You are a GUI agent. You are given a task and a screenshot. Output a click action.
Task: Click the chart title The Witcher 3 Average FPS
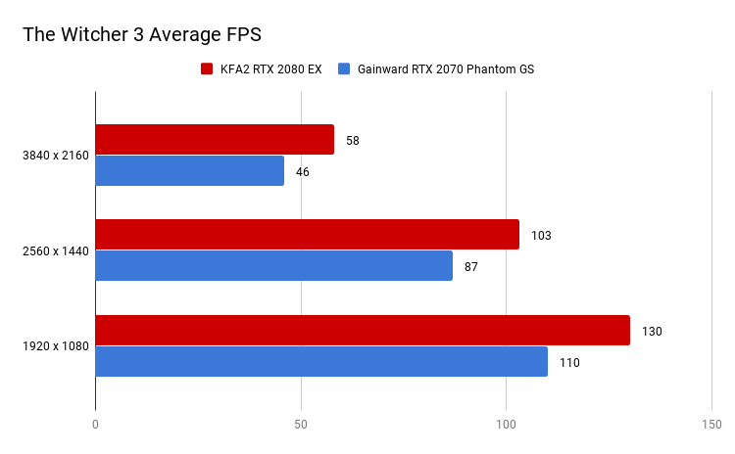click(142, 34)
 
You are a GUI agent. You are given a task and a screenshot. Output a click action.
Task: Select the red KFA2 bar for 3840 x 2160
click(215, 140)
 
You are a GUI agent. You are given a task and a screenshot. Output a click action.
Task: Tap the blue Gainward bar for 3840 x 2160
click(189, 170)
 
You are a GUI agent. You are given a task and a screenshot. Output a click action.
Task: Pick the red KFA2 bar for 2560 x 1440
click(307, 235)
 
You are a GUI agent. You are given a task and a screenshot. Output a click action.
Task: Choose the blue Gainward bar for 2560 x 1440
click(273, 265)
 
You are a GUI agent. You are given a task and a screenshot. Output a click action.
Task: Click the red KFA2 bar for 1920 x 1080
click(363, 331)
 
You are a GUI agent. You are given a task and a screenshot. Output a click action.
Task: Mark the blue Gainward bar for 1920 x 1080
click(321, 361)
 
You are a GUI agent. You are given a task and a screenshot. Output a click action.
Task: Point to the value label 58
click(353, 140)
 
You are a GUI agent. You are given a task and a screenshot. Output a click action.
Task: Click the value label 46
click(303, 171)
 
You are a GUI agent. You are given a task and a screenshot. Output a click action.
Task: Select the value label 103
click(541, 236)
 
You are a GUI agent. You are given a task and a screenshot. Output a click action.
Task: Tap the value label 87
click(471, 266)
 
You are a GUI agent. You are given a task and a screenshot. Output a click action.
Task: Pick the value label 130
click(652, 332)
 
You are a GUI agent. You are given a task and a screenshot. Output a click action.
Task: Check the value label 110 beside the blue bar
click(569, 363)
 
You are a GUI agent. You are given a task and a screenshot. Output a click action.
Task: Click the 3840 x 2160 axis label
click(54, 156)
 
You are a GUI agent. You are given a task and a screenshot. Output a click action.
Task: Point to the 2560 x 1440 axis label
click(54, 251)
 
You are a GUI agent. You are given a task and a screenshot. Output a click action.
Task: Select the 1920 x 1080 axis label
click(54, 347)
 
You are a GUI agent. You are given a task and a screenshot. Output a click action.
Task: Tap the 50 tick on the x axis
click(301, 425)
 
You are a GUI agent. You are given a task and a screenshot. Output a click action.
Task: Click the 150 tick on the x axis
click(711, 425)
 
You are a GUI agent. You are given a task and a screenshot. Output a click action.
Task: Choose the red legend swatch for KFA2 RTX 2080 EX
click(207, 69)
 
